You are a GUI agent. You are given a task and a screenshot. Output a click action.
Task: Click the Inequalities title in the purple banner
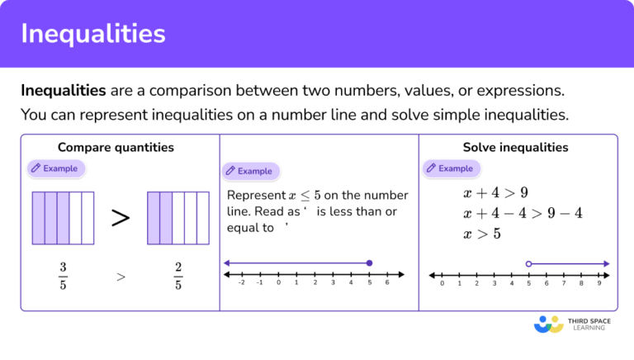[92, 34]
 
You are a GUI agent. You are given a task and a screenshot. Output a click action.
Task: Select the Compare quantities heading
[116, 148]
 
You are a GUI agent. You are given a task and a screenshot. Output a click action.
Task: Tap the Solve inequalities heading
[515, 148]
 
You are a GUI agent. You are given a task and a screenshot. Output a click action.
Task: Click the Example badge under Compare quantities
[56, 168]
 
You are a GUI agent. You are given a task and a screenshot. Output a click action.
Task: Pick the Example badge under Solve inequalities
[451, 168]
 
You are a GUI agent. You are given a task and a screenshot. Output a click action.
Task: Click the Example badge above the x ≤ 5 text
[250, 171]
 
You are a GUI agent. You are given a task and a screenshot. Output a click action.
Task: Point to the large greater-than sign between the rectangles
[121, 218]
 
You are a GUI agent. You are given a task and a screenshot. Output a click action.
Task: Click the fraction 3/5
[64, 277]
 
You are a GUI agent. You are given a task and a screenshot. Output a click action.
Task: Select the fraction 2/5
[178, 277]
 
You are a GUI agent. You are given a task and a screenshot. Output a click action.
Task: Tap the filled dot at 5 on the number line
[369, 263]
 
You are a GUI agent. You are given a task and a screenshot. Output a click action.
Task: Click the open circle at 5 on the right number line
[528, 263]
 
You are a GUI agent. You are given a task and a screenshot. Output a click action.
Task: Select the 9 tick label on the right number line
[600, 283]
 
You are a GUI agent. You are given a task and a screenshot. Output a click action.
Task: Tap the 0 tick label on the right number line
[442, 283]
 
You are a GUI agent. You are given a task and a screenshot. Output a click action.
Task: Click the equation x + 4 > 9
[495, 193]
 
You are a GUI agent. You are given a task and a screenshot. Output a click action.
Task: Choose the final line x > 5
[482, 234]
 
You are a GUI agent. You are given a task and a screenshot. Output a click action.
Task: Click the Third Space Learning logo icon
[548, 324]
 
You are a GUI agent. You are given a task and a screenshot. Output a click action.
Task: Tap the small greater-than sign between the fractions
[121, 277]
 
